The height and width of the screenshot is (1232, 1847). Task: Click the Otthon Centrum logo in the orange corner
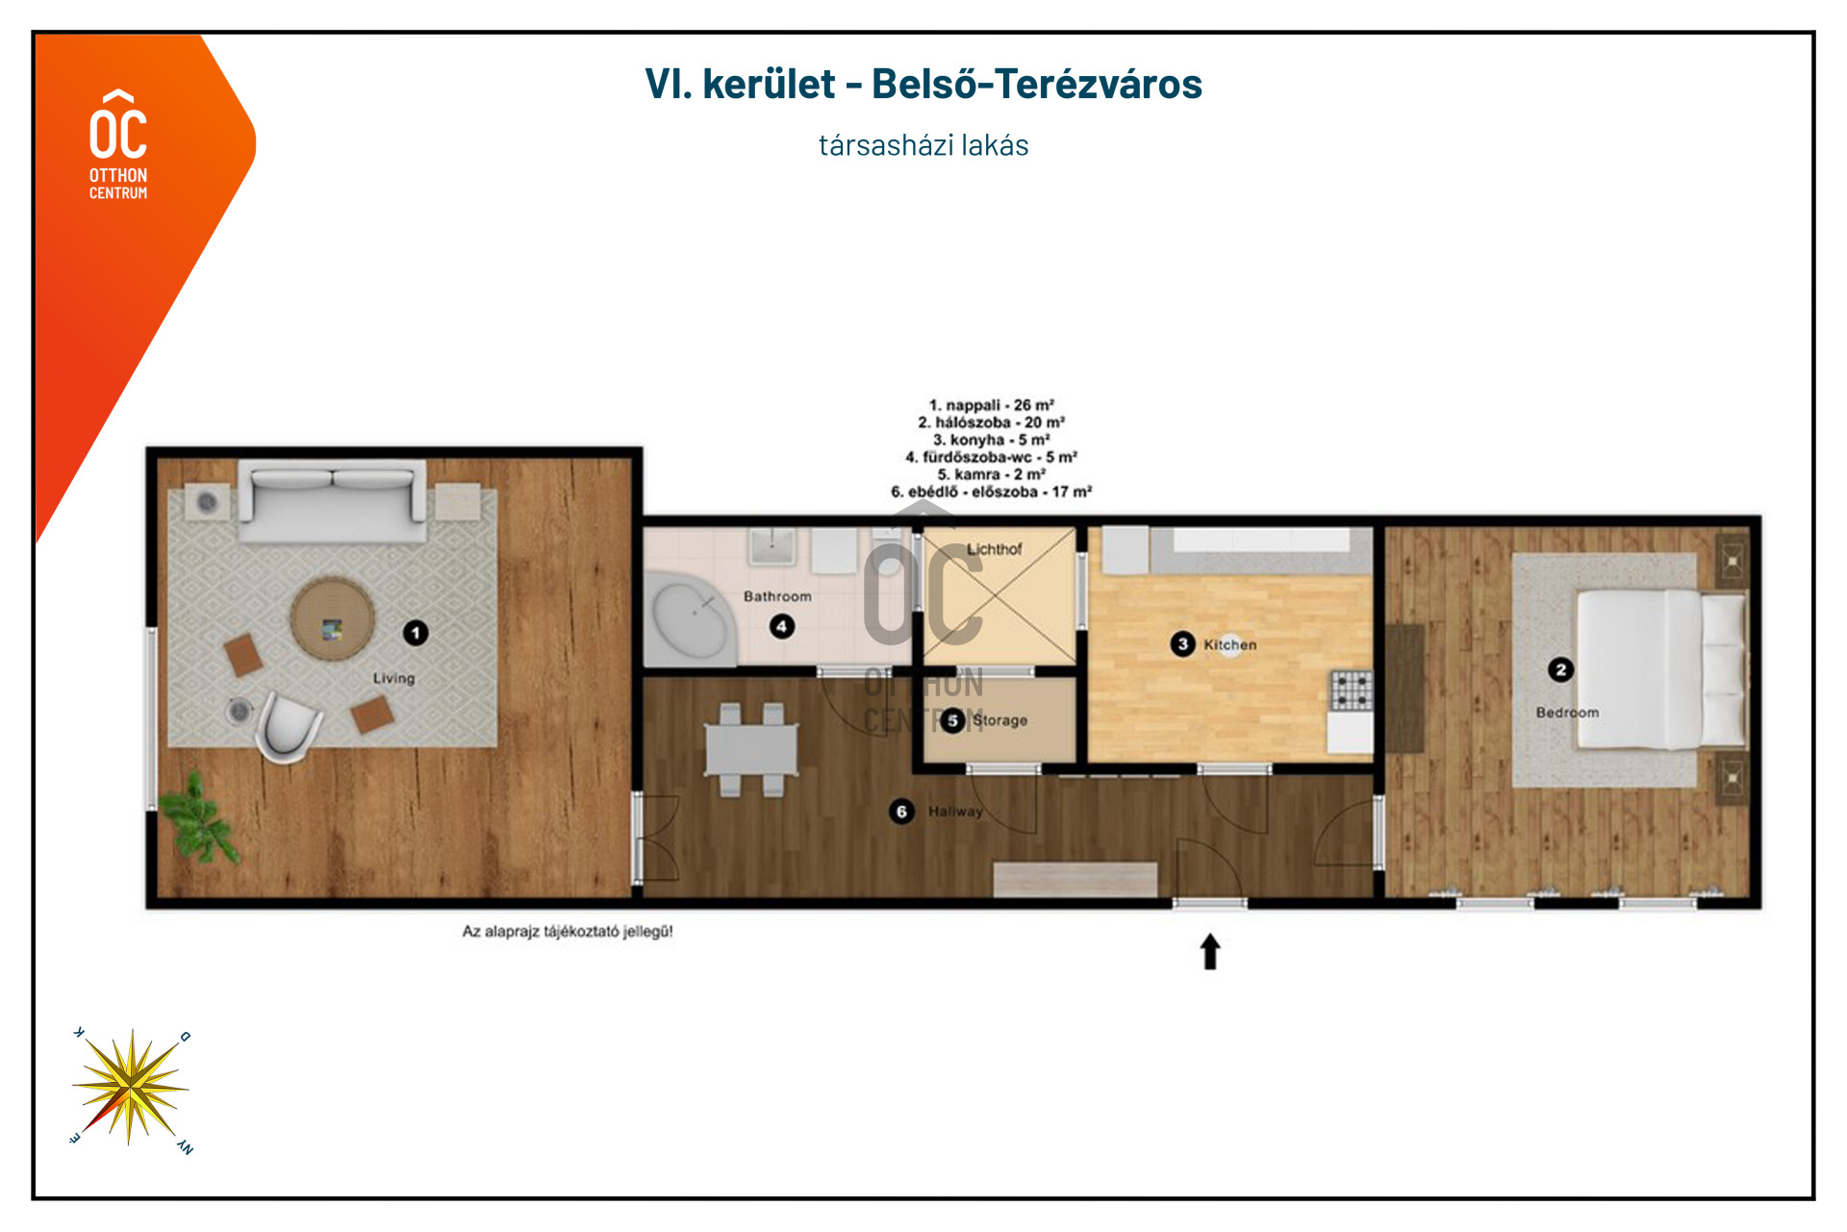pos(118,144)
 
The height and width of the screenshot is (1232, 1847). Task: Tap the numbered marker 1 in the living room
pos(416,633)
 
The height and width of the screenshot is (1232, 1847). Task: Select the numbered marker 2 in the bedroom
pos(1560,669)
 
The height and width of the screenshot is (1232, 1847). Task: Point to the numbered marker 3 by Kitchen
pos(1182,644)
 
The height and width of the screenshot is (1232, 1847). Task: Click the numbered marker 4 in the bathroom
pos(781,627)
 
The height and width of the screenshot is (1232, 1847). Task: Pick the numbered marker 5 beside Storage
pos(952,720)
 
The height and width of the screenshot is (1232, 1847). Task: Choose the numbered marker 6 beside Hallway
pos(901,812)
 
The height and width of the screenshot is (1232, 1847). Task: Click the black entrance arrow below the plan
pos(1210,952)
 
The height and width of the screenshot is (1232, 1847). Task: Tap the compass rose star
pos(130,1088)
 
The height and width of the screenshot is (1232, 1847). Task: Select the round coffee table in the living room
pos(333,619)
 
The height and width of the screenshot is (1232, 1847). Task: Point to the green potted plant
pos(200,817)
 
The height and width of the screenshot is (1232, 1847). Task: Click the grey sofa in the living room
pos(332,500)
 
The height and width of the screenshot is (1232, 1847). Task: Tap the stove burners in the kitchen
pos(1352,691)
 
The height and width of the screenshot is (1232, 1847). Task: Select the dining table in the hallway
pos(751,749)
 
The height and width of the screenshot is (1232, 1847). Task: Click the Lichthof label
pos(994,549)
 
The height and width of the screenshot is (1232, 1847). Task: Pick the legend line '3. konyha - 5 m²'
pos(991,440)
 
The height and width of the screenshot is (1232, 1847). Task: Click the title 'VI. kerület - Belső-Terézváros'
pos(923,84)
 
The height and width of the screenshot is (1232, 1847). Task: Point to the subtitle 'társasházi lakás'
pos(923,145)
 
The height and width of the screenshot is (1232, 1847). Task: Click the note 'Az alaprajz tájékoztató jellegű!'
pos(568,931)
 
